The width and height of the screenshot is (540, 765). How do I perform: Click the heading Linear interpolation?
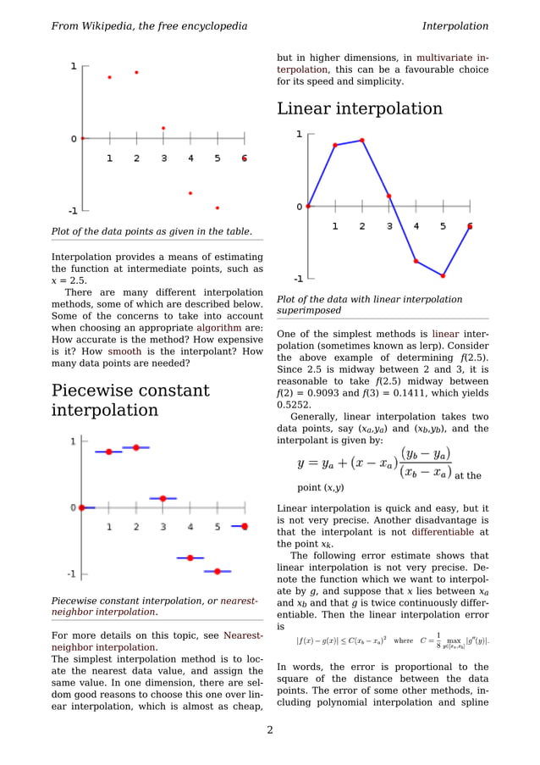point(360,109)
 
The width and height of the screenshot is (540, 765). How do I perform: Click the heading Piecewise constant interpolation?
point(130,401)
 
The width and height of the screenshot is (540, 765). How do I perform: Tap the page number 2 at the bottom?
point(270,730)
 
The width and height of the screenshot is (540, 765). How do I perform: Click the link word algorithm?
point(219,328)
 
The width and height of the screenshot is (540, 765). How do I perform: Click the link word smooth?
point(124,351)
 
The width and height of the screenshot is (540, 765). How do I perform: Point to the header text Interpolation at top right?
point(455,26)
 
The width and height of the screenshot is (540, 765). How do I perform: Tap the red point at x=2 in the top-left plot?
point(136,72)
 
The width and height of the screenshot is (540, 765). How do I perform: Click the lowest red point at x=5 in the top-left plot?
point(218,208)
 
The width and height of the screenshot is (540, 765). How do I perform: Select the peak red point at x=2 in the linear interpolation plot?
point(362,140)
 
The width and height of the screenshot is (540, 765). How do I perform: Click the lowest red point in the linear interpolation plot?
point(443,275)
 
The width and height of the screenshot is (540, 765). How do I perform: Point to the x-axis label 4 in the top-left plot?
point(190,158)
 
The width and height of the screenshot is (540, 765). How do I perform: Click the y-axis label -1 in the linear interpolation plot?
point(299,278)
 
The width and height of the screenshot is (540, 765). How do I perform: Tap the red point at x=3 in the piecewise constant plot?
point(163,498)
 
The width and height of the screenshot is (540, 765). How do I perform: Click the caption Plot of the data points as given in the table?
point(152,231)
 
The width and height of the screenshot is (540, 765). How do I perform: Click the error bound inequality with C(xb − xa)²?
point(342,640)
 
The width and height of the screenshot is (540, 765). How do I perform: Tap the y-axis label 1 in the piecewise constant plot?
point(73,441)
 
